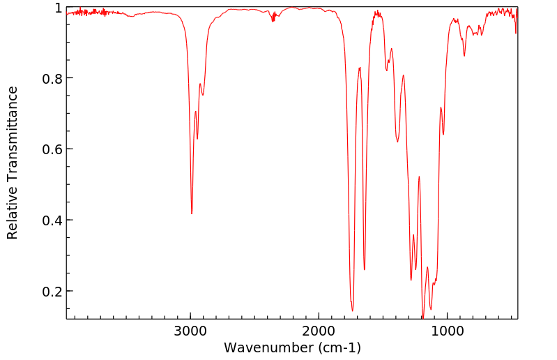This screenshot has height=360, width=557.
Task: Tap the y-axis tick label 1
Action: tap(59, 8)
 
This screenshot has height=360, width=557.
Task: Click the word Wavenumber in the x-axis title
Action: tap(264, 347)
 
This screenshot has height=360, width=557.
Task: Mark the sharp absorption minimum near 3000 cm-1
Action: tap(192, 213)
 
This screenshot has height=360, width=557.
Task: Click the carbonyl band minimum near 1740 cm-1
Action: tap(353, 310)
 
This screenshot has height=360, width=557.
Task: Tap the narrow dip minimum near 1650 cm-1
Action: tap(364, 270)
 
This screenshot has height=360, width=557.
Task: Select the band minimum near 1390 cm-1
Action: tap(398, 143)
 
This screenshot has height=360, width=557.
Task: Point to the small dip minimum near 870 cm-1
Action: tap(464, 56)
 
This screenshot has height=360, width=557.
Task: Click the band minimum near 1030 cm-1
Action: tap(443, 135)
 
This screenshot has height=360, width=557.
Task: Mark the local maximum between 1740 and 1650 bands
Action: tap(360, 67)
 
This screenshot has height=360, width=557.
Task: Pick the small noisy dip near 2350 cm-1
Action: tap(273, 20)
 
